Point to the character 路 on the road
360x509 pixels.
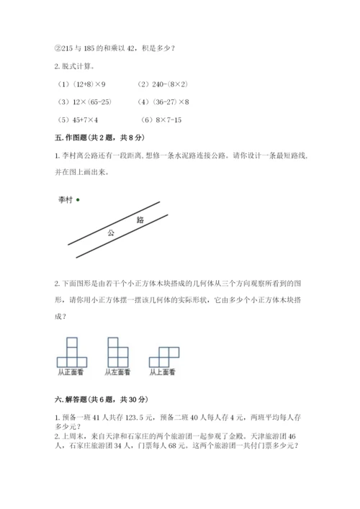pyautogui.click(x=140, y=219)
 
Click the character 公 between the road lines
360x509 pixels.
pyautogui.click(x=111, y=233)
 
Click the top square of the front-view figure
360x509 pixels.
pyautogui.click(x=72, y=343)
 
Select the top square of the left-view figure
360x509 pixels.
pyautogui.click(x=113, y=343)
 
